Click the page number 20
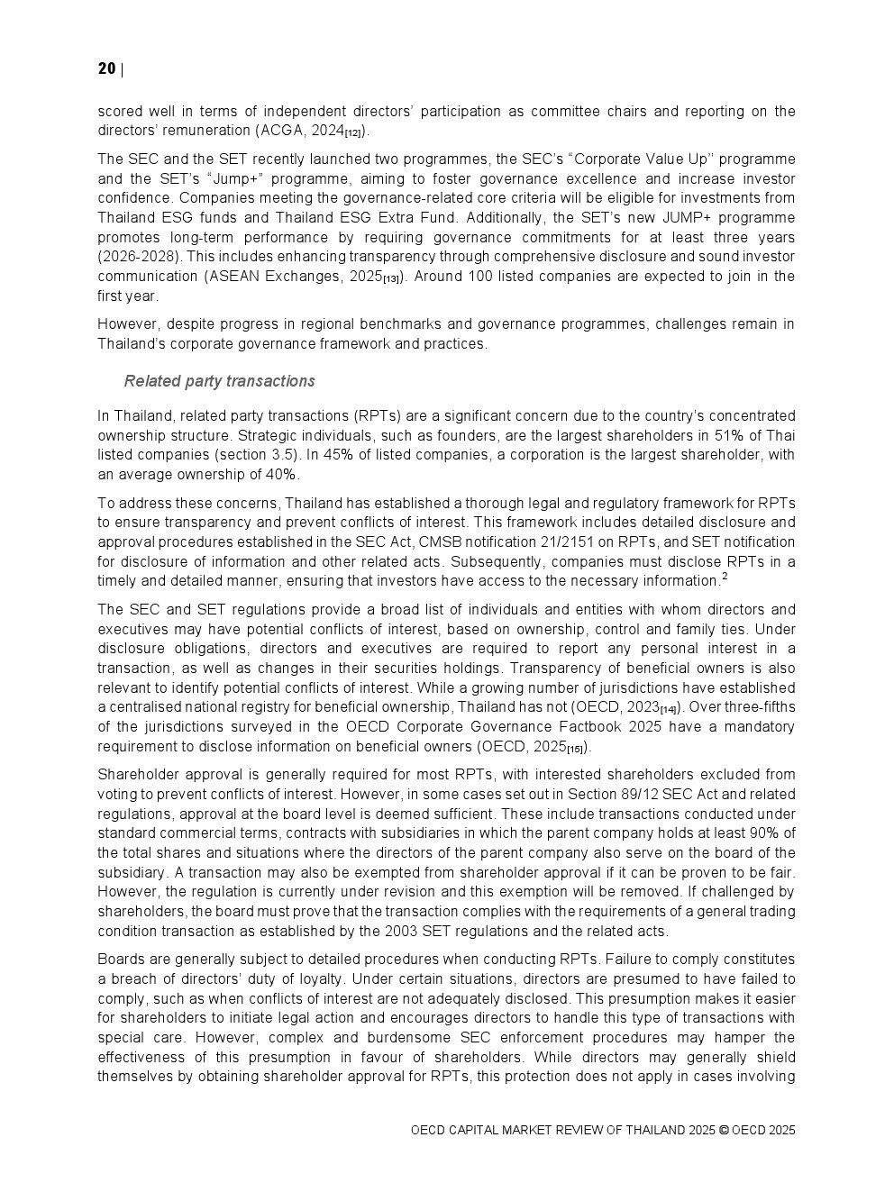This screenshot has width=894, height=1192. coord(106,69)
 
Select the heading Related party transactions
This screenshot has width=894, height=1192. coord(219,381)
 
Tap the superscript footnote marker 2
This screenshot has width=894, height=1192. coord(725,578)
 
